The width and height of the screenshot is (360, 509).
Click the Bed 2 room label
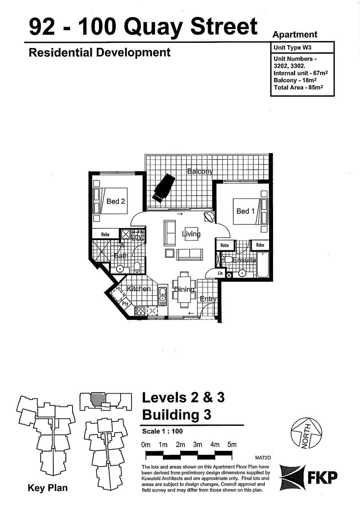[x=115, y=201]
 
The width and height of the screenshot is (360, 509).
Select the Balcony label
[x=200, y=171]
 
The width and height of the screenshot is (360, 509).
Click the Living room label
[x=191, y=234]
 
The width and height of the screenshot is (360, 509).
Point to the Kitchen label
[x=139, y=289]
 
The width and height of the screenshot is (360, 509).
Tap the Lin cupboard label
[x=220, y=274]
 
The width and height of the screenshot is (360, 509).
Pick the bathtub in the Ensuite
[x=263, y=265]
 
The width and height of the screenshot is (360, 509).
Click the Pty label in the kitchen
[x=125, y=304]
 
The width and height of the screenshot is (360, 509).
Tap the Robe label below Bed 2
[x=105, y=234]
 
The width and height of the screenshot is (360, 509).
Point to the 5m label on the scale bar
[x=232, y=445]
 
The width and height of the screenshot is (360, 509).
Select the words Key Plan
[x=48, y=488]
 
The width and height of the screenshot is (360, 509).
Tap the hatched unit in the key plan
[x=98, y=399]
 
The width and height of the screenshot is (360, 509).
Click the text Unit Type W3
[x=293, y=48]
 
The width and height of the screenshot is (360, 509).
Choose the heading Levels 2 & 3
[x=183, y=397]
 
